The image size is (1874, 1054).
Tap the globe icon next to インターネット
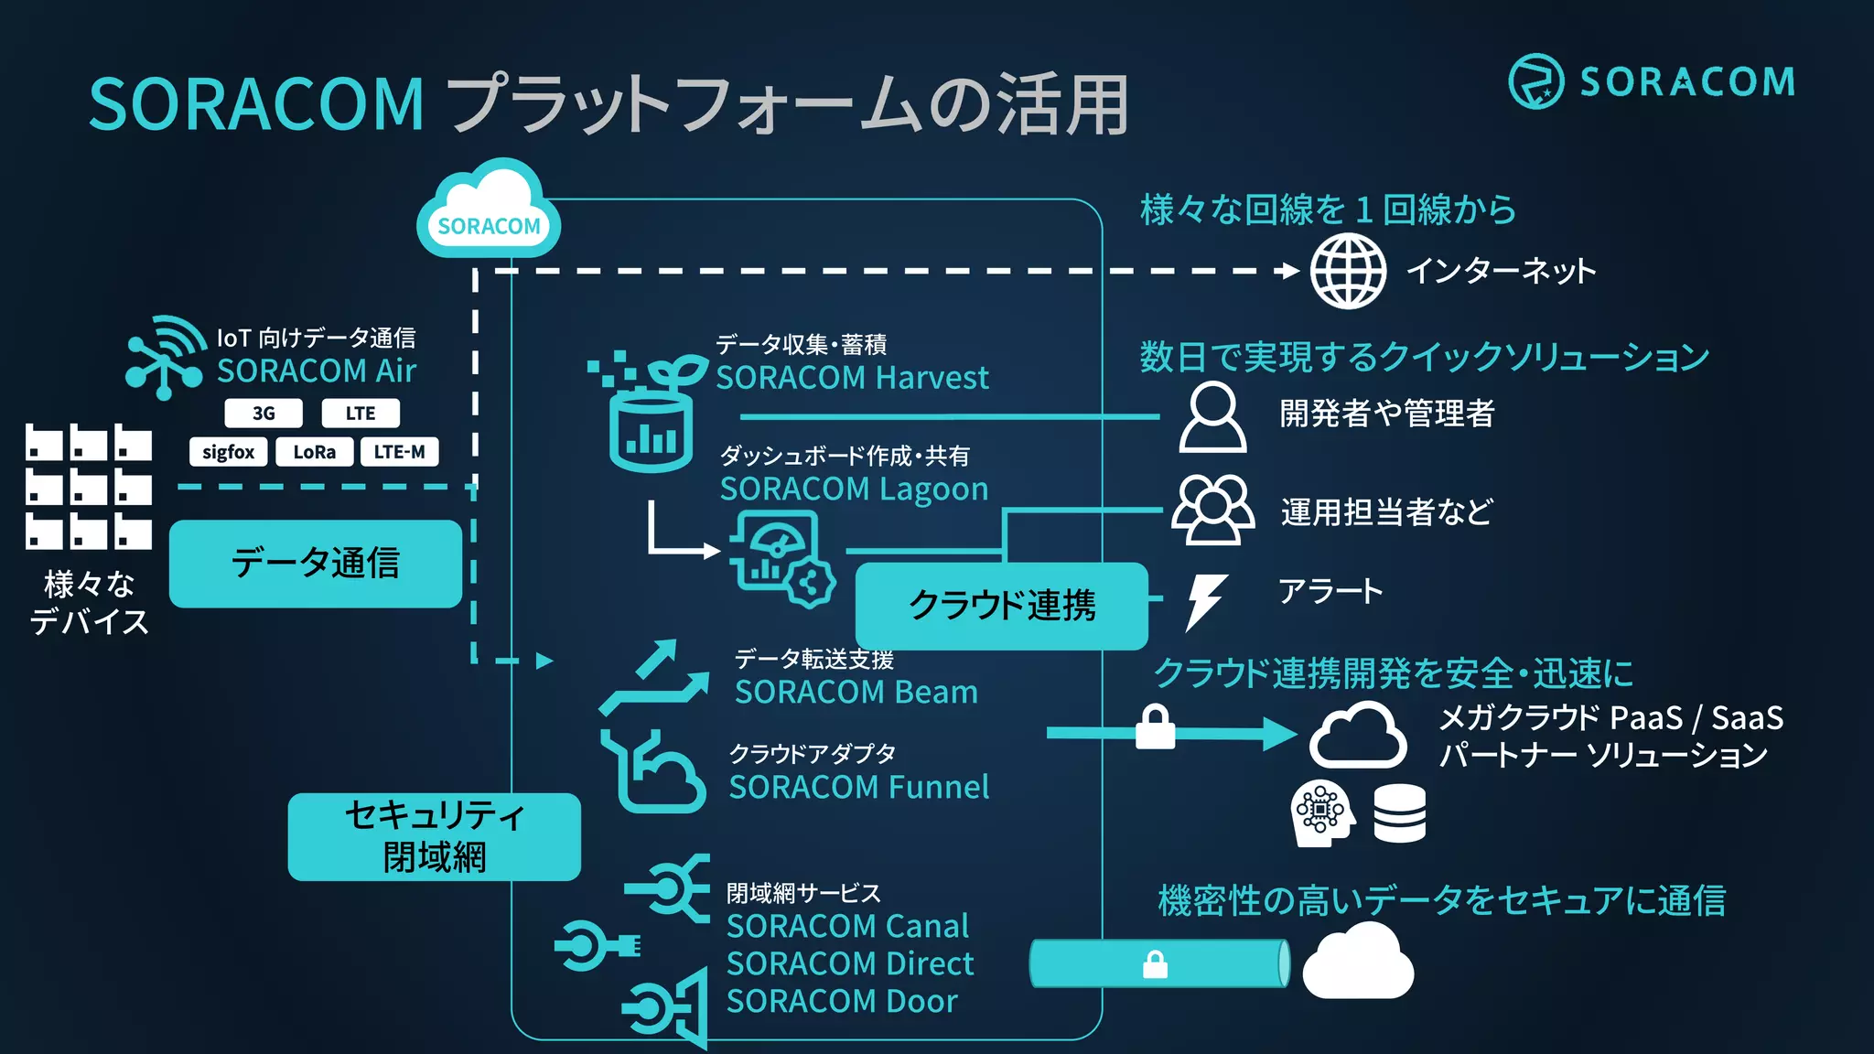pos(1348,271)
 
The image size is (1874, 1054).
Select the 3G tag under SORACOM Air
pos(264,414)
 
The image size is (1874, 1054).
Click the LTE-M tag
pos(399,452)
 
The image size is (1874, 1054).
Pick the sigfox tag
pos(229,452)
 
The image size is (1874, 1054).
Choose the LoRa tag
pos(314,452)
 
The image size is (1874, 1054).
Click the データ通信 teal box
pos(316,564)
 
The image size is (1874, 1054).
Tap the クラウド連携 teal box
pos(1002,606)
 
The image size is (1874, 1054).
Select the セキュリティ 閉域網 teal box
pos(435,836)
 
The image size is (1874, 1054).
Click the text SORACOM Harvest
pos(852,378)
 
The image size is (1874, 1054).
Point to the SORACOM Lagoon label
pos(854,489)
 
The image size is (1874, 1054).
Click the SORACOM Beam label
pos(856,693)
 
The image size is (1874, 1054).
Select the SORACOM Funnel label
pos(858,788)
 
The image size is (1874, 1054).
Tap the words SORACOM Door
pos(842,1002)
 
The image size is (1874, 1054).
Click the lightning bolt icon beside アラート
pos(1206,601)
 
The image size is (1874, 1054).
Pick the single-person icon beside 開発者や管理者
pos(1212,417)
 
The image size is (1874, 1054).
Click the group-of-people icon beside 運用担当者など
pos(1212,510)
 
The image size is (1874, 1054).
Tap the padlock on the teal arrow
pos(1155,727)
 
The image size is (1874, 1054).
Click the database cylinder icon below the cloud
pos(1399,813)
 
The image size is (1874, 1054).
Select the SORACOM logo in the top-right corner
pos(1651,81)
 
